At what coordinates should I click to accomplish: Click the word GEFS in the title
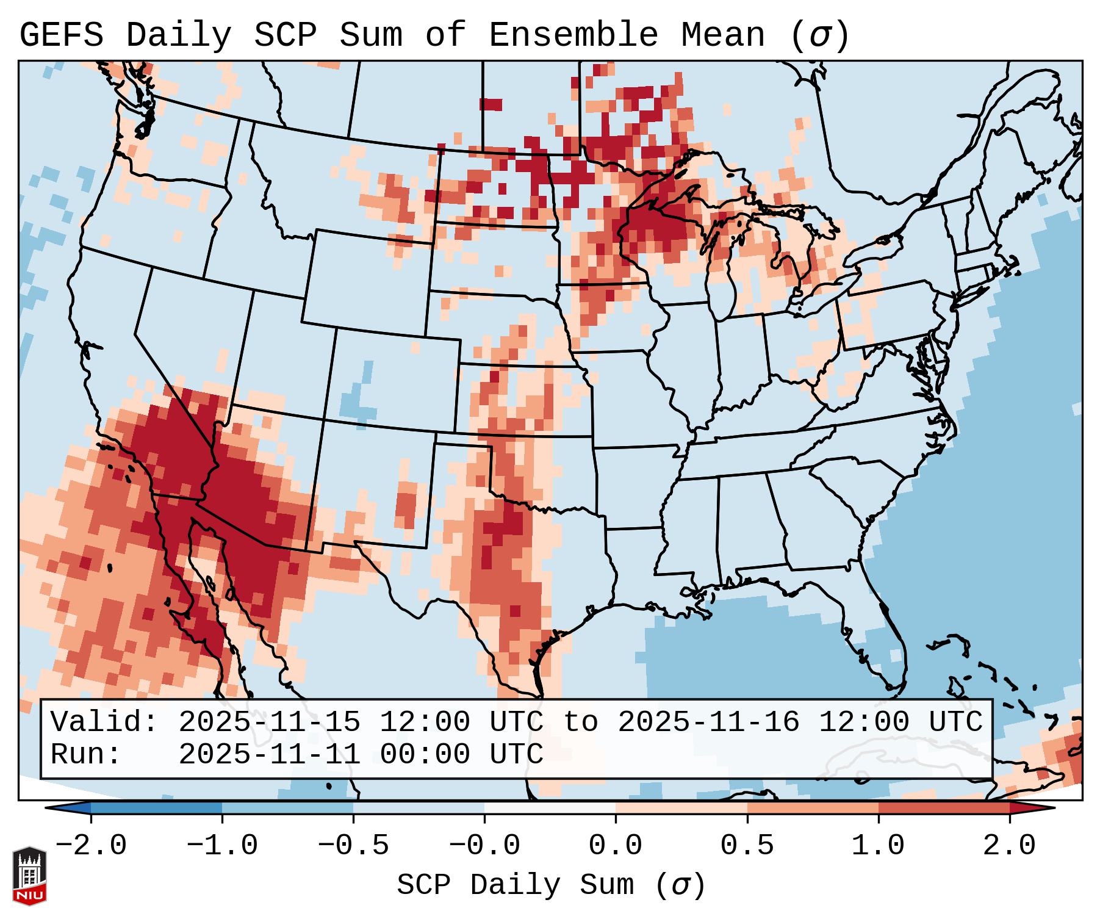(x=61, y=35)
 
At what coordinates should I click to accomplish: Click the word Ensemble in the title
(x=573, y=35)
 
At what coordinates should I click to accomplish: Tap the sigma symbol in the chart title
(x=819, y=35)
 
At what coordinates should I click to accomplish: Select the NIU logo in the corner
(x=29, y=875)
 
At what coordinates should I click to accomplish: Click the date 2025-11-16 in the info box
(x=708, y=723)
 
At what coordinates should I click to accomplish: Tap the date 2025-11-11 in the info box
(x=269, y=754)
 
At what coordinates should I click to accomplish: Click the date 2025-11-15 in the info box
(x=269, y=723)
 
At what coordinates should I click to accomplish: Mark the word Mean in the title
(x=723, y=35)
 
